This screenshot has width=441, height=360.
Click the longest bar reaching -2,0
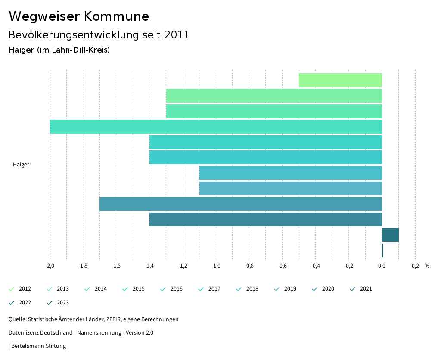coord(216,127)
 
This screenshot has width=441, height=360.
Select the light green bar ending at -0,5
coord(340,80)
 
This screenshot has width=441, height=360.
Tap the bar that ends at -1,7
coord(241,204)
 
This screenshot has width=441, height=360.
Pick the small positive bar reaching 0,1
coord(390,235)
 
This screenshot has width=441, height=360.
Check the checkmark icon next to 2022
coord(12,303)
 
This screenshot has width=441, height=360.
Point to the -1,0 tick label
coord(216,266)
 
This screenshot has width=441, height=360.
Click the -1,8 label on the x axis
coord(83,266)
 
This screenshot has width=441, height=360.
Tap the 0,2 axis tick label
coord(415,266)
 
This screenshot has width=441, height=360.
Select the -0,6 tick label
coord(282,266)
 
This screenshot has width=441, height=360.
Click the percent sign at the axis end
coord(427,266)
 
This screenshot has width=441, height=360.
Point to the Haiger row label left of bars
coord(21,165)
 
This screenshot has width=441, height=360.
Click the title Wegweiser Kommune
coord(79,16)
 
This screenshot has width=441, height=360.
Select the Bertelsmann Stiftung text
coord(38,346)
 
